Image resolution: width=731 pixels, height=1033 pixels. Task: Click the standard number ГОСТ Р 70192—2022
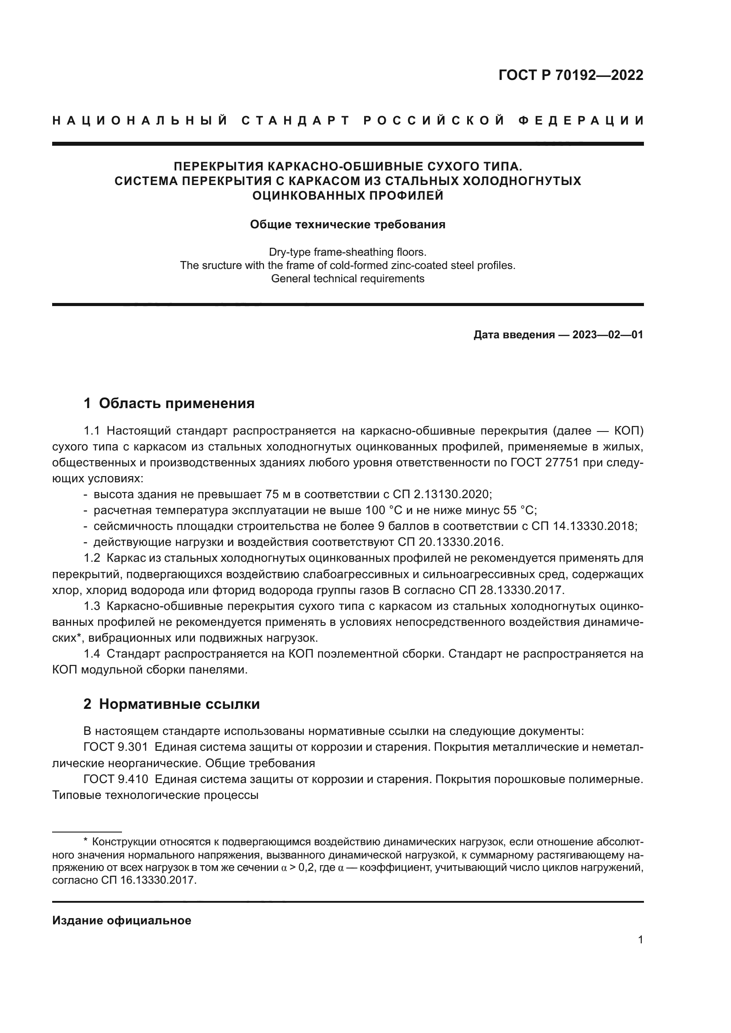[571, 75]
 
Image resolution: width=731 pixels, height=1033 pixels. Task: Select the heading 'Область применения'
[176, 403]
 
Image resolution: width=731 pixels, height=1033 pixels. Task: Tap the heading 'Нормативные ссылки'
[179, 704]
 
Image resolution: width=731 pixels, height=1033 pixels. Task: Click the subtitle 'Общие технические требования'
[347, 224]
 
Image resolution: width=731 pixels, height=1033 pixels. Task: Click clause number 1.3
[92, 606]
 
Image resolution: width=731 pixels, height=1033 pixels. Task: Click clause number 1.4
[92, 654]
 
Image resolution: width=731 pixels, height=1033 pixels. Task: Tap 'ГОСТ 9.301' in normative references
[116, 747]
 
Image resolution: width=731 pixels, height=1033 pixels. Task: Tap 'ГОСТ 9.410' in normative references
[116, 779]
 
